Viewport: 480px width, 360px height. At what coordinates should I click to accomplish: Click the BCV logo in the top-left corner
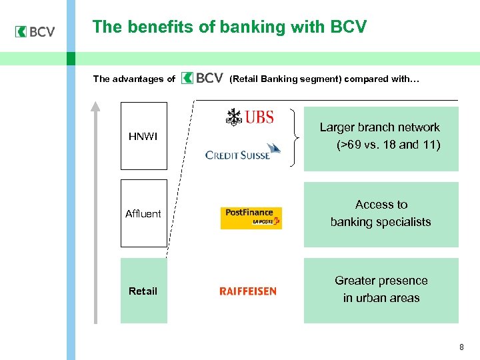click(35, 31)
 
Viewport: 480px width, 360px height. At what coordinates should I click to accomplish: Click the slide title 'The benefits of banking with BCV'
click(229, 27)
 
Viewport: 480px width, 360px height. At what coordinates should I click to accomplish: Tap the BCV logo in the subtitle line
click(202, 79)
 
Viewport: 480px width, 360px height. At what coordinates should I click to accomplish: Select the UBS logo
click(249, 117)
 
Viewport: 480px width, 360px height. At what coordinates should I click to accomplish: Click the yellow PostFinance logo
click(251, 217)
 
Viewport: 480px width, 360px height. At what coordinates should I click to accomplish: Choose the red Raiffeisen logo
click(247, 291)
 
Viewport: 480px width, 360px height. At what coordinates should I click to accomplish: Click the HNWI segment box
click(143, 136)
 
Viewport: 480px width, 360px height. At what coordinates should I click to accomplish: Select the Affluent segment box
click(143, 213)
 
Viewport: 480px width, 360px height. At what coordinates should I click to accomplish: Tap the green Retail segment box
click(143, 291)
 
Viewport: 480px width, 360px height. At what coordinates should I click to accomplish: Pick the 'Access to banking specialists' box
click(381, 214)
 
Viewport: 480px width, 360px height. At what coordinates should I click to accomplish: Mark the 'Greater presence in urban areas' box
click(381, 290)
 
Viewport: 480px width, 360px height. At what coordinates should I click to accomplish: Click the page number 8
click(461, 347)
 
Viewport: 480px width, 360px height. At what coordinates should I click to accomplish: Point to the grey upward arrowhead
click(95, 105)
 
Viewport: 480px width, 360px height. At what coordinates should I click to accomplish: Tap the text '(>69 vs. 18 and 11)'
click(388, 145)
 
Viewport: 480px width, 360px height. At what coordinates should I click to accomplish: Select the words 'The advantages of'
click(134, 79)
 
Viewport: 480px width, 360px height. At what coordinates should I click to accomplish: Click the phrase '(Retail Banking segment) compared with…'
click(324, 79)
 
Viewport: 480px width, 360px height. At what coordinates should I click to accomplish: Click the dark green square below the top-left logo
click(71, 58)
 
